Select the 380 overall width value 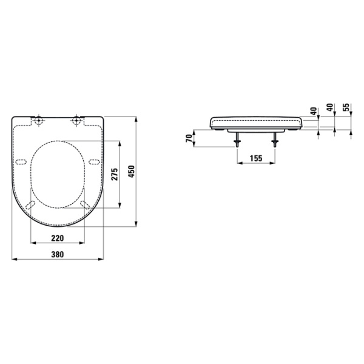tap(58, 254)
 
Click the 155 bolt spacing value tap(255, 158)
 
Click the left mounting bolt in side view tap(235, 141)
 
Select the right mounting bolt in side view tap(276, 141)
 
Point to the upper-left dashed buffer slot tap(21, 162)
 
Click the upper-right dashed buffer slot tap(94, 161)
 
